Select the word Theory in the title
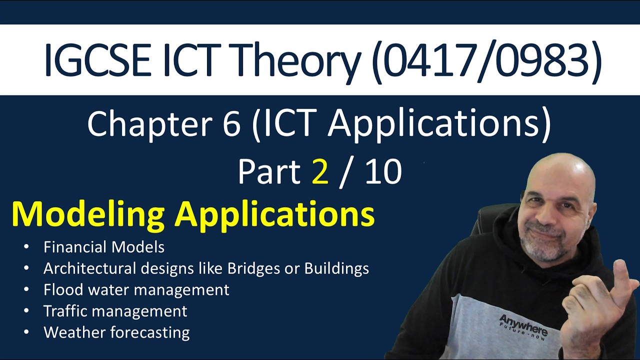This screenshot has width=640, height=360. point(300,60)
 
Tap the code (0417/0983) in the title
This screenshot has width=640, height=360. point(485,60)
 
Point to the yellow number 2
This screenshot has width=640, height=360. point(320,172)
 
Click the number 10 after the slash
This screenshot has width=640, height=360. point(383,172)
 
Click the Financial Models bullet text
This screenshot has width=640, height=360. point(104,247)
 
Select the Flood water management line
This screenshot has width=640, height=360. point(136,290)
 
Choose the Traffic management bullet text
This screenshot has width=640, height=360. point(115,311)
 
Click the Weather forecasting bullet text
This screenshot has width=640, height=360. point(116,332)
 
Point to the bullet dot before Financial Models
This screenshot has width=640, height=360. point(26,247)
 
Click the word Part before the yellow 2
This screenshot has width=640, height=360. point(269,172)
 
